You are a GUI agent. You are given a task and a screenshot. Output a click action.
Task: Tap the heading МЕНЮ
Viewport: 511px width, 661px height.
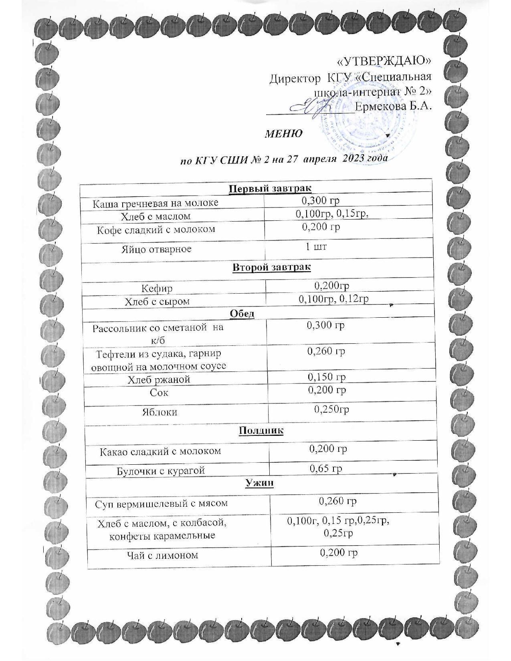[x=284, y=133]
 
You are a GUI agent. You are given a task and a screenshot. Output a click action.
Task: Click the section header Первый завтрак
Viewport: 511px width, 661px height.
[x=270, y=189]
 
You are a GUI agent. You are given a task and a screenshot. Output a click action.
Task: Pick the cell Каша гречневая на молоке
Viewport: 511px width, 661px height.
[x=156, y=203]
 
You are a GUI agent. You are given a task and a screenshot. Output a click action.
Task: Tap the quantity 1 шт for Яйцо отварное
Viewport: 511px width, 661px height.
[x=316, y=246]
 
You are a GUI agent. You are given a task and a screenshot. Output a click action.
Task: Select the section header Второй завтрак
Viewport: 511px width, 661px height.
[x=271, y=267]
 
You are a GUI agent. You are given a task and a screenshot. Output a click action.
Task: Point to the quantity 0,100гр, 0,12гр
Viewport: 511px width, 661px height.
[x=334, y=299]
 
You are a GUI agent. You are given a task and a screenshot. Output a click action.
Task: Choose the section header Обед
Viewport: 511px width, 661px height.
[x=242, y=314]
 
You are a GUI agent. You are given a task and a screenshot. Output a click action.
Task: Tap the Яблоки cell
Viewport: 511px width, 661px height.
[x=160, y=412]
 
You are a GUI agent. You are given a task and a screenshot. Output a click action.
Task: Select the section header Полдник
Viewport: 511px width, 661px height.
[x=261, y=431]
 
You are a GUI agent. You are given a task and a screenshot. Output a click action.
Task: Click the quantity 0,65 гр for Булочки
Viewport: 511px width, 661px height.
[x=326, y=468]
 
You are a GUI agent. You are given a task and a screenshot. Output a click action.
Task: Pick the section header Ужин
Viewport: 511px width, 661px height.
[x=259, y=483]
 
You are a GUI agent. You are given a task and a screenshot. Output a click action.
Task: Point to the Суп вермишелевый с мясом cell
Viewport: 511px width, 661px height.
[x=161, y=503]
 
